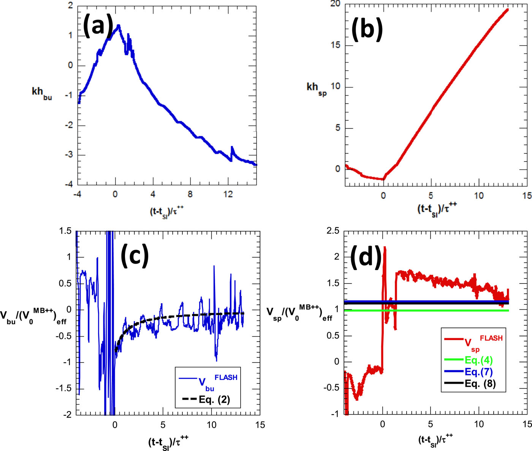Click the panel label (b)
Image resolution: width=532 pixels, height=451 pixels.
[367, 29]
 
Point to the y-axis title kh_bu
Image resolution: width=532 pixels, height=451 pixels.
[41, 93]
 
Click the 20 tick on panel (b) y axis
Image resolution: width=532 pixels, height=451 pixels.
[335, 4]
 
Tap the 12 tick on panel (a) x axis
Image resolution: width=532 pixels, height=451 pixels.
[228, 194]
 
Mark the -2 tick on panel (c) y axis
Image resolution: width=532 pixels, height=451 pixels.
[66, 415]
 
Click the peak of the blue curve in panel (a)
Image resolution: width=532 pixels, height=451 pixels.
[119, 25]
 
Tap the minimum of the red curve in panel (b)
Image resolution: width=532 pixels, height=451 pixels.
[383, 179]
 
